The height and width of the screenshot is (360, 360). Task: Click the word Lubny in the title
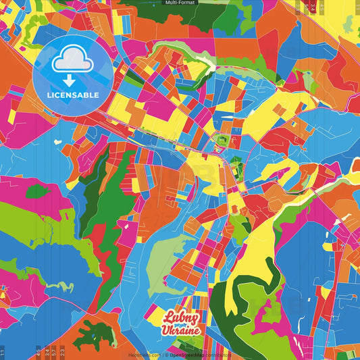[x=180, y=317]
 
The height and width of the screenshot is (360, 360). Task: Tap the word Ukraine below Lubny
[x=180, y=330]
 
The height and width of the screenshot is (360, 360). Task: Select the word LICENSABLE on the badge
[x=73, y=95]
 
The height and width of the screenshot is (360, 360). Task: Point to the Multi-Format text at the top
[x=180, y=3]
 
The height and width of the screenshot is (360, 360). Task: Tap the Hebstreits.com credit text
[x=144, y=354]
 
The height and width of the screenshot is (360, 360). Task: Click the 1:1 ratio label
[x=3, y=351]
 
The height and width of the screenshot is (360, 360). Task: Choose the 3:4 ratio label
[x=45, y=351]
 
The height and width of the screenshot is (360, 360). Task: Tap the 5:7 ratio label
[x=53, y=351]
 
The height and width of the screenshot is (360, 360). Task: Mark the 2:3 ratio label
[x=62, y=351]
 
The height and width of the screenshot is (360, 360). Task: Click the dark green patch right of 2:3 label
[x=92, y=335]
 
